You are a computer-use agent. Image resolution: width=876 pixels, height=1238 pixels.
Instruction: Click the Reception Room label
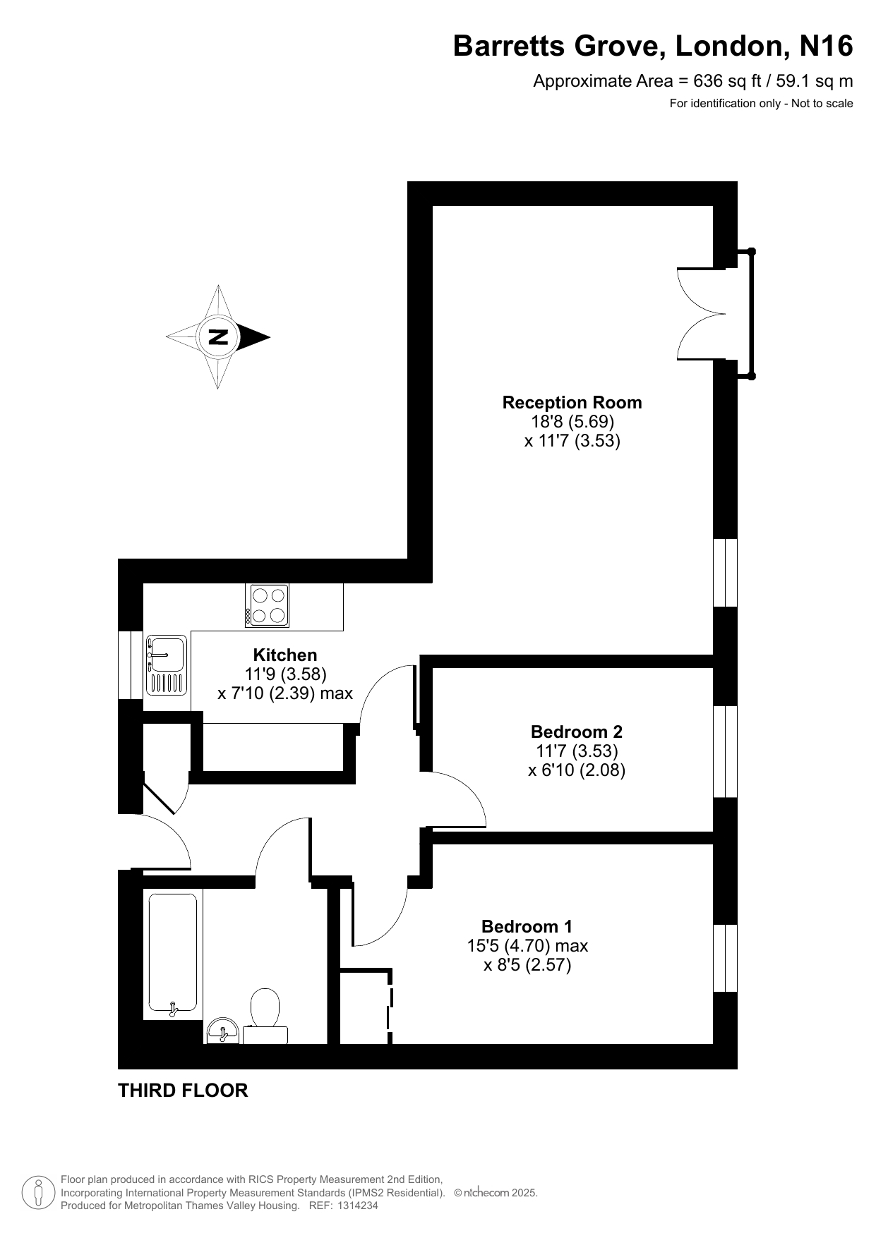point(572,403)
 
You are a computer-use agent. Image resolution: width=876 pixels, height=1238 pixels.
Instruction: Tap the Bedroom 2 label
point(577,732)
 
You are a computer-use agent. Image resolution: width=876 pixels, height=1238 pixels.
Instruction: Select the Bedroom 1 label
point(527,926)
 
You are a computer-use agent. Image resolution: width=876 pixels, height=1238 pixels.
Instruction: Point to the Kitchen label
point(285,655)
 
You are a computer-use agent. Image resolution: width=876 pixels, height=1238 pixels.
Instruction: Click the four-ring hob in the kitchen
point(267,605)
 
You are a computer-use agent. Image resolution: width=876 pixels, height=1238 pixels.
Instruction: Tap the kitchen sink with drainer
point(167,665)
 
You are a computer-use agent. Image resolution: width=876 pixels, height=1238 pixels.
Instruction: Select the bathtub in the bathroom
point(172,954)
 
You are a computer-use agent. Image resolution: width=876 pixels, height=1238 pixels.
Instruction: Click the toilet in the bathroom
point(265,1017)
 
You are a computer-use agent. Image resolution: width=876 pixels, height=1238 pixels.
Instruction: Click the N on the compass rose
point(219,337)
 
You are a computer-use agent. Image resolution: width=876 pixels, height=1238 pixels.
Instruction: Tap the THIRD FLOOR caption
point(183,1091)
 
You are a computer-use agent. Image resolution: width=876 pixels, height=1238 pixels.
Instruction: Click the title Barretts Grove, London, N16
point(653,46)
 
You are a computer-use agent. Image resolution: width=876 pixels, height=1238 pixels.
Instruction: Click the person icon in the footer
point(40,1192)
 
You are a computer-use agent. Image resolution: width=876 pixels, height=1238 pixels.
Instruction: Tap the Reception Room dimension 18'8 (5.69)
point(572,422)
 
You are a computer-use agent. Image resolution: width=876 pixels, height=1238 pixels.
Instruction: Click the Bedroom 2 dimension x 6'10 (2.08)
point(577,770)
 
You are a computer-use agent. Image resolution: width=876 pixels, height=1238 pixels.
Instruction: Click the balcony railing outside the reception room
point(752,314)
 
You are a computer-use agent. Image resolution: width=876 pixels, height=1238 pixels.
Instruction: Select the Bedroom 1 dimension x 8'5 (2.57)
point(527,964)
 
